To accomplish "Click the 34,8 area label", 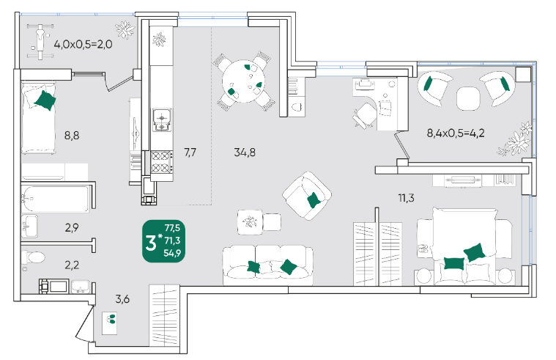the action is click(245, 153).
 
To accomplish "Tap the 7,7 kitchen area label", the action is click(190, 153).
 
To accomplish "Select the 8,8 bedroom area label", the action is click(72, 135).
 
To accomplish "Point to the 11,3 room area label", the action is click(406, 198).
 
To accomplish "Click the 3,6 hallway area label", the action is click(122, 299).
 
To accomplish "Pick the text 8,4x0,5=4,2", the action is click(456, 133).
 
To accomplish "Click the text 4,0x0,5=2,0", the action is click(83, 45).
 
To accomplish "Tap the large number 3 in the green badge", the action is click(151, 243).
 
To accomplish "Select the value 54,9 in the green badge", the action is click(172, 253).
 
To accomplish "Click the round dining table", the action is click(244, 81).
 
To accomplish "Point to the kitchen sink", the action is click(162, 120).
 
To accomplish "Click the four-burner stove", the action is click(162, 161).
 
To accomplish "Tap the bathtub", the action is click(55, 199).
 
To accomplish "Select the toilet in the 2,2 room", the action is click(33, 257).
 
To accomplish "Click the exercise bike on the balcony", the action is click(41, 41).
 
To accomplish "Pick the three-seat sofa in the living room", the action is click(267, 265).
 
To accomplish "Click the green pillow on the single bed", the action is click(45, 100).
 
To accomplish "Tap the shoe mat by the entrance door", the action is click(110, 323).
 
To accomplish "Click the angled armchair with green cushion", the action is click(307, 196).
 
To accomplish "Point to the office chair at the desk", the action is click(364, 115).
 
